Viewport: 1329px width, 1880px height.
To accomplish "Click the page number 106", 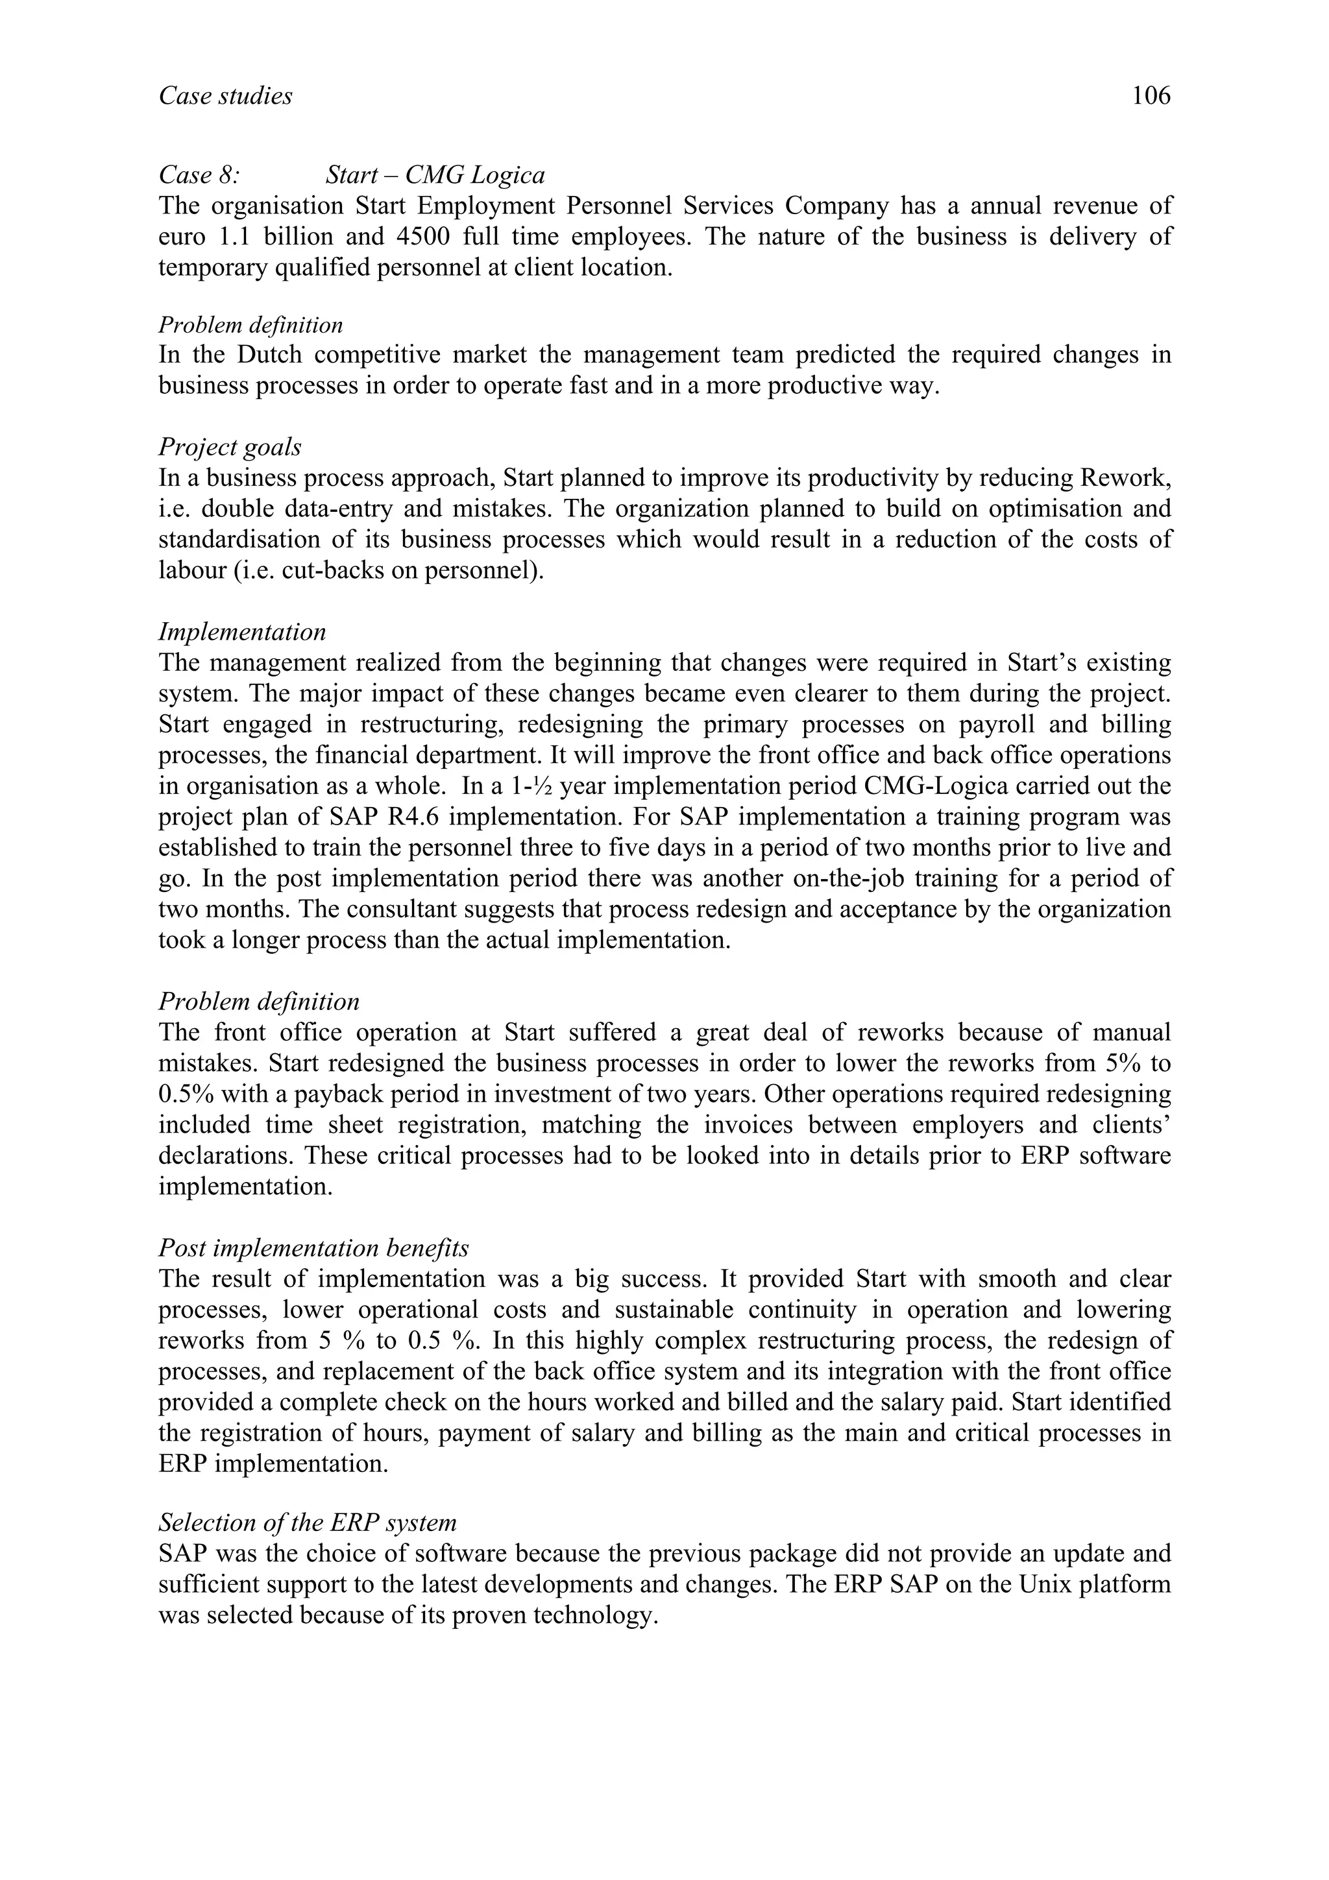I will pyautogui.click(x=1151, y=97).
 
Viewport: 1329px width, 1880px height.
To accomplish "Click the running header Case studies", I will pyautogui.click(x=225, y=97).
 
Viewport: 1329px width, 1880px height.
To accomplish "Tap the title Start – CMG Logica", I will pyautogui.click(x=435, y=175).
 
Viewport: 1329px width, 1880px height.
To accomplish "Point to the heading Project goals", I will pyautogui.click(x=230, y=448).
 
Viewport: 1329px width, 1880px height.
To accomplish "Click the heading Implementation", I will pyautogui.click(x=243, y=632).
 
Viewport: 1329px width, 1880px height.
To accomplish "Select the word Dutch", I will pyautogui.click(x=269, y=356).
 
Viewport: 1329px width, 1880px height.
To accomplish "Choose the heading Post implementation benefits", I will pyautogui.click(x=313, y=1249).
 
